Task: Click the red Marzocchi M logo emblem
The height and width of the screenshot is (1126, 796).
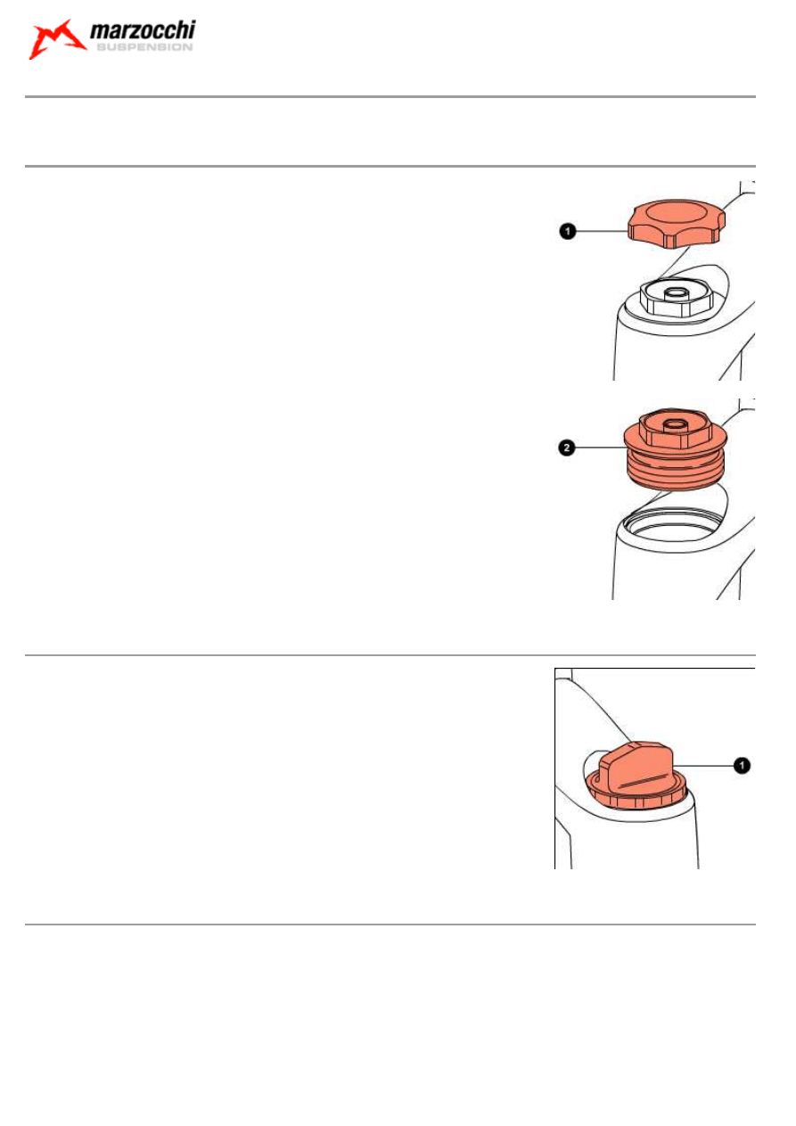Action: (56, 39)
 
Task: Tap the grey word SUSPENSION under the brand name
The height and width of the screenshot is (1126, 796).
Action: (144, 47)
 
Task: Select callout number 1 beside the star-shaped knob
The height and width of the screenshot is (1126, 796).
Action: (567, 231)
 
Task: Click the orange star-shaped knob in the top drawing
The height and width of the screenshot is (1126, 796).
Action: (677, 223)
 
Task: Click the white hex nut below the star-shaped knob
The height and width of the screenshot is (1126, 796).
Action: (677, 299)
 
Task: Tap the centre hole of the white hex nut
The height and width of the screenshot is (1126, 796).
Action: (677, 292)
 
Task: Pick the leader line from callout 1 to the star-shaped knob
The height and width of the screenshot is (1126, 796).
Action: (602, 231)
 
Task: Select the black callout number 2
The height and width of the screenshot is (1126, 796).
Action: (567, 448)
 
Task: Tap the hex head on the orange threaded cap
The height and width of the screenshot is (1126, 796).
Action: (676, 429)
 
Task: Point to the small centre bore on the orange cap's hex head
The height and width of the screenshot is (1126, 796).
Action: (676, 424)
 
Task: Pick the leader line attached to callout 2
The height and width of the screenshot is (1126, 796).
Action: (600, 448)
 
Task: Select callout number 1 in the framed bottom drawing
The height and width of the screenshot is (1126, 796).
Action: (742, 766)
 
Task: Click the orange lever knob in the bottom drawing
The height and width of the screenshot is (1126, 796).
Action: (636, 766)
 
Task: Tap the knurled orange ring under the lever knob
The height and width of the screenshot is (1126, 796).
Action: (636, 794)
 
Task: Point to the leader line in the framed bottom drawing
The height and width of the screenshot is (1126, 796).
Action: (703, 766)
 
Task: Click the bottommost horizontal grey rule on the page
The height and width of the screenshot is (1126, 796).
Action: (390, 924)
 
